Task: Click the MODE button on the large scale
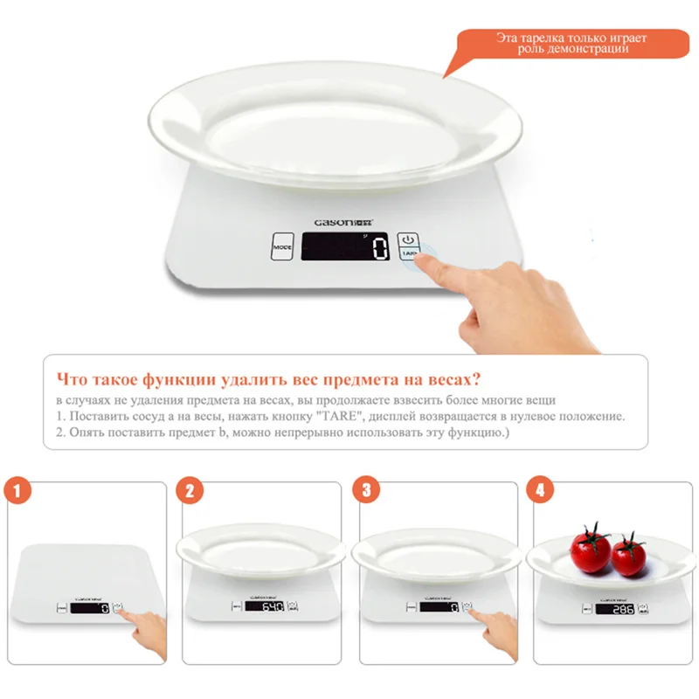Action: point(282,247)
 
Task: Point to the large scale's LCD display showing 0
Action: point(344,247)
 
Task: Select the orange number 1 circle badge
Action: point(18,490)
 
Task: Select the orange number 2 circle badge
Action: point(189,490)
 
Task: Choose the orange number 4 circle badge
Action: point(540,490)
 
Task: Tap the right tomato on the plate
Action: point(628,555)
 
